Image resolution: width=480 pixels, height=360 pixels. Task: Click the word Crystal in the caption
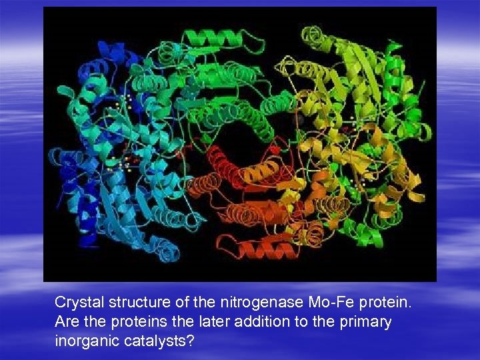tap(76, 303)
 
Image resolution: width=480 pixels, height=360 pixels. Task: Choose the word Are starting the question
tap(66, 322)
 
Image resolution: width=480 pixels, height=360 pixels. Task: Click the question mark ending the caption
tap(191, 340)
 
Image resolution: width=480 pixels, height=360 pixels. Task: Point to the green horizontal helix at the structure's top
tap(206, 39)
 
